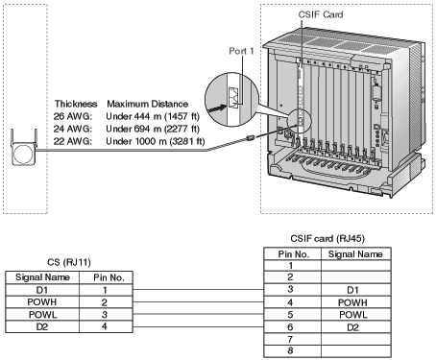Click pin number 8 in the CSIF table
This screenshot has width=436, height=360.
(291, 352)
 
